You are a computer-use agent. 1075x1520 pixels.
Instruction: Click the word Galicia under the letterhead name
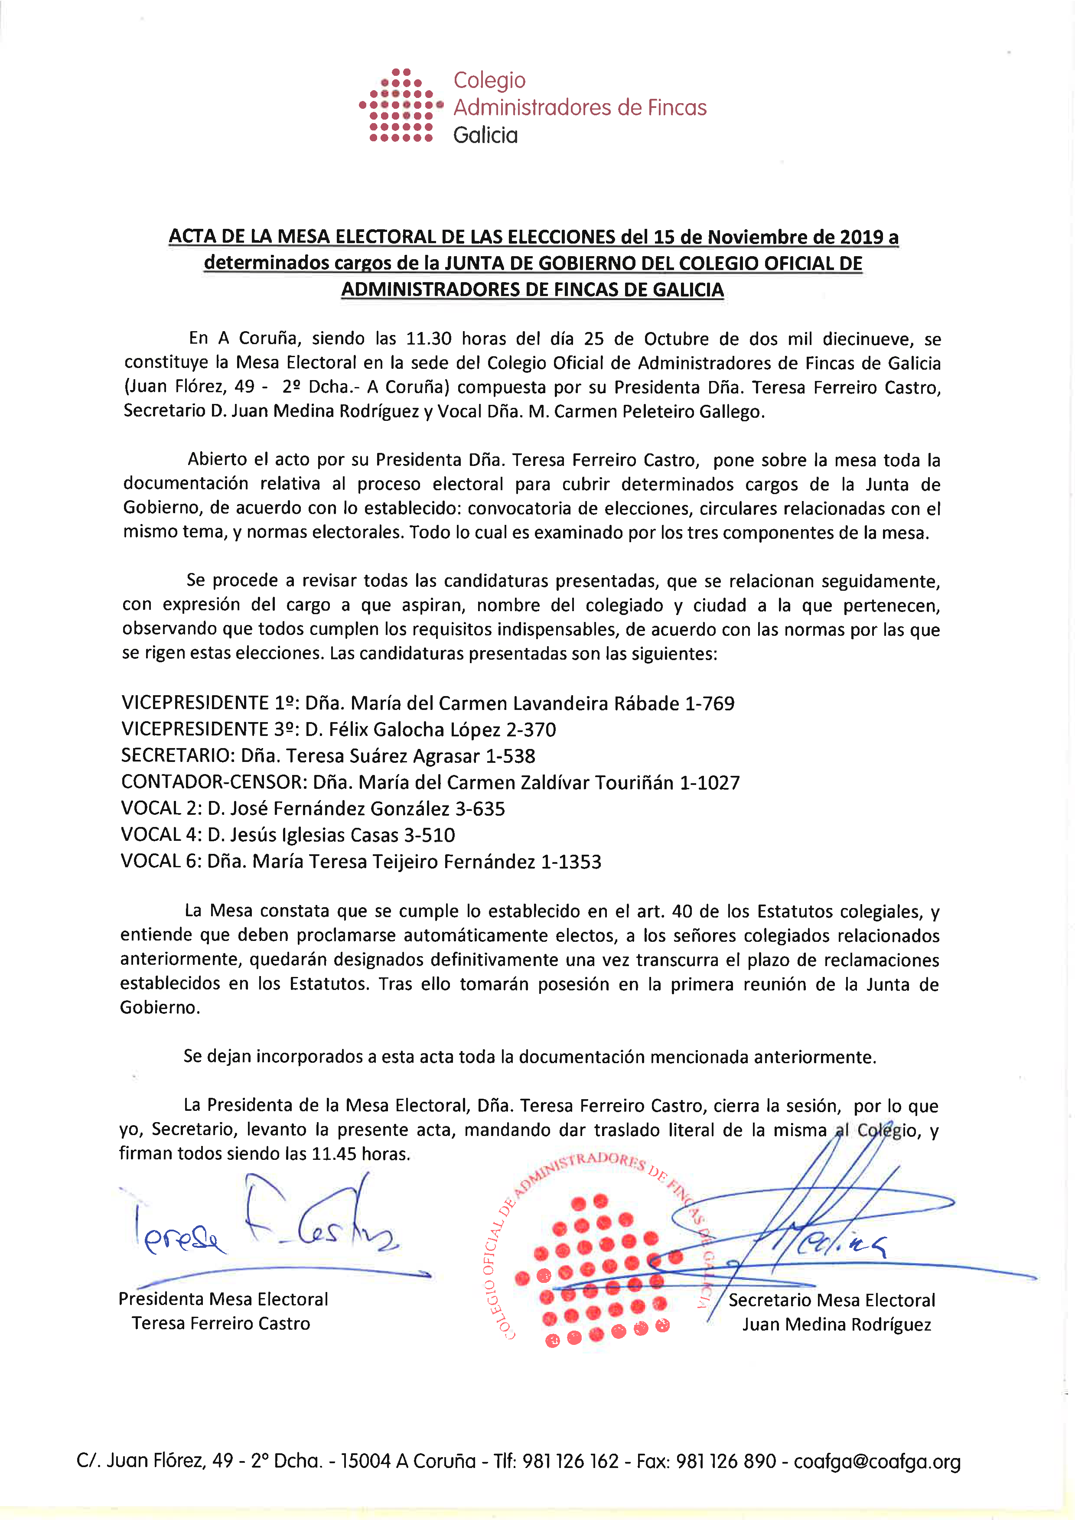pos(485,135)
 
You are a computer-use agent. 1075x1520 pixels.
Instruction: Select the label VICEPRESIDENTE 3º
pos(209,729)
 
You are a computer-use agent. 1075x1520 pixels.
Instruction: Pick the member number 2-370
pos(531,729)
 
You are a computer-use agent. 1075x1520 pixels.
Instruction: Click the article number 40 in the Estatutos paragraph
pos(682,911)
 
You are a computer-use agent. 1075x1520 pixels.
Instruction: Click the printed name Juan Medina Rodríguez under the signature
pos(836,1324)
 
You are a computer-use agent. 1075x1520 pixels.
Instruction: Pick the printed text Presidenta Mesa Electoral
pos(223,1299)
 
